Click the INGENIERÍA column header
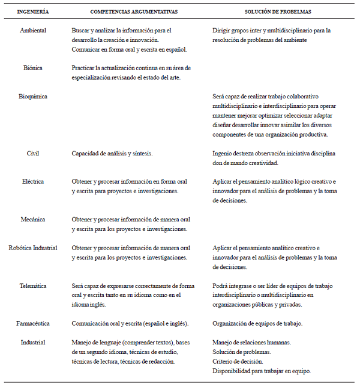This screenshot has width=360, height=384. pos(33,11)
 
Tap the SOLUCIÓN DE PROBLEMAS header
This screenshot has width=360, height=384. pos(270,11)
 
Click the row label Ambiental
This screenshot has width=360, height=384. pos(33,30)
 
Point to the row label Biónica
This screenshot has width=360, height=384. pos(33,68)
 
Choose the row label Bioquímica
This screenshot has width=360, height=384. pos(33,96)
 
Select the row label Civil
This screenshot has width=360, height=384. pos(33,154)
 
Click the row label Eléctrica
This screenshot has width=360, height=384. pos(33,181)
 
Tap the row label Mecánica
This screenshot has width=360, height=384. pos(33,220)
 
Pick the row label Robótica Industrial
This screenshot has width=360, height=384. pos(33,248)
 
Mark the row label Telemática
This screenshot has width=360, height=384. pos(33,286)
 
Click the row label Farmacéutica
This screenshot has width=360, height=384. pos(33,324)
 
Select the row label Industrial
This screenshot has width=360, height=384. pos(33,343)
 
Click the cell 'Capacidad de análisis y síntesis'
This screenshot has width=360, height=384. pos(112,154)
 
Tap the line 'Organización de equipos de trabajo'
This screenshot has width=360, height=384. pos(257,324)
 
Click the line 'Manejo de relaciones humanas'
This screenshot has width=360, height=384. pos(251,343)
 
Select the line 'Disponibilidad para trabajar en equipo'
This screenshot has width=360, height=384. pos(262,371)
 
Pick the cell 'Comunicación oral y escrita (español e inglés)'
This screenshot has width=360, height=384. pos(130,324)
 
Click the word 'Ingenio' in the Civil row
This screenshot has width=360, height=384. pos(223,154)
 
